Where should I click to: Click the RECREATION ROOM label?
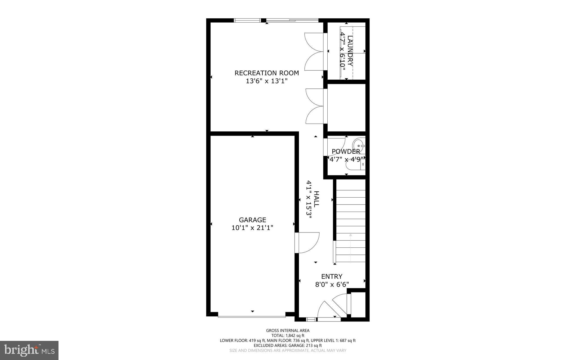click(x=267, y=73)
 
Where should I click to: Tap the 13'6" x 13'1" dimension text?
click(x=267, y=81)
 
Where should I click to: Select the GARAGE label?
click(x=252, y=220)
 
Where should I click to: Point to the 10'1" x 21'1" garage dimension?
click(x=252, y=228)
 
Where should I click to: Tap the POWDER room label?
click(x=346, y=151)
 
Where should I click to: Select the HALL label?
click(x=316, y=199)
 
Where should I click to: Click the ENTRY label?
click(x=332, y=276)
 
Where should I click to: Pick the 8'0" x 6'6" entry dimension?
click(x=332, y=285)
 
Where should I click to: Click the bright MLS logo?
click(x=29, y=350)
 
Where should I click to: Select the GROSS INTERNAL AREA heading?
click(x=288, y=330)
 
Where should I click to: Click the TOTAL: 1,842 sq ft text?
click(x=288, y=336)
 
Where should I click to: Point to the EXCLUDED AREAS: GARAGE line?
click(x=288, y=345)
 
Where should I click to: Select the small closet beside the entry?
click(x=358, y=304)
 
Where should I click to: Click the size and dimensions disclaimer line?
click(x=288, y=350)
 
